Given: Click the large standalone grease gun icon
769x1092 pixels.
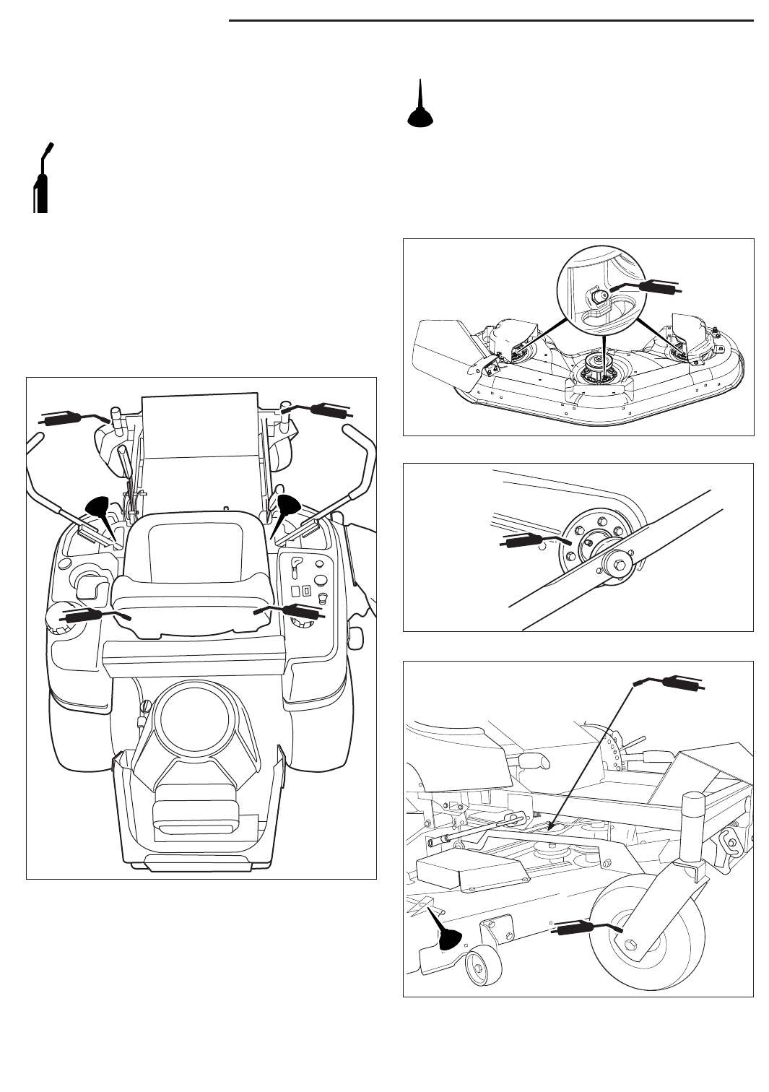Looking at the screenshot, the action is [41, 181].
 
